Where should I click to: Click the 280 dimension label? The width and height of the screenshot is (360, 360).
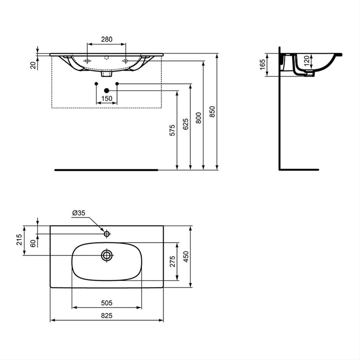107,39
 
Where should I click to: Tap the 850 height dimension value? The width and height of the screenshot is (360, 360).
213,112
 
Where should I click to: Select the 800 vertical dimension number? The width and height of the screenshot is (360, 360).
199,118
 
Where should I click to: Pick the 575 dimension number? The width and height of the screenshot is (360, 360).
172,130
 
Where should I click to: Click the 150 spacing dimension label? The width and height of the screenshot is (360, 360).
107,98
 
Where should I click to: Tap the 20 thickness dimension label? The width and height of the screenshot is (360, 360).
34,65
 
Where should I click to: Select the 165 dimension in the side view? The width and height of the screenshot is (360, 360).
262,64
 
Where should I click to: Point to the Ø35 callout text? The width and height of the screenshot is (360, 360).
79,213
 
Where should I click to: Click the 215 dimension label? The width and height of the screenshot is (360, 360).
19,240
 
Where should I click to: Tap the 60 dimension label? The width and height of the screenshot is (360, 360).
33,243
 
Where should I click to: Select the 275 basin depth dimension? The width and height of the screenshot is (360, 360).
172,261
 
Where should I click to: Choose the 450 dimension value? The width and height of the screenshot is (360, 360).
186,257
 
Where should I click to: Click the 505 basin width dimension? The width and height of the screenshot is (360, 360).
107,303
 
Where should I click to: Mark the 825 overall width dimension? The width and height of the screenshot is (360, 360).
107,316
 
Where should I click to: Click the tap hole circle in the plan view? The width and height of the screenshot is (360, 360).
107,234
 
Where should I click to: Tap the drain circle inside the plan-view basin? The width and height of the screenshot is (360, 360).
107,255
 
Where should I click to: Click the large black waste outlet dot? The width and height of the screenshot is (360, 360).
106,91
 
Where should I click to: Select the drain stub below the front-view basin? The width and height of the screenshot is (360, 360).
107,74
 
